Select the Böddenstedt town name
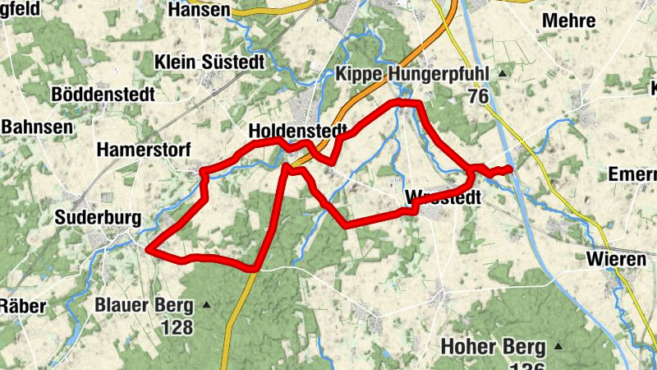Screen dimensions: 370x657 point(103,95)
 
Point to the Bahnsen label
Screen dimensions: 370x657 point(37,127)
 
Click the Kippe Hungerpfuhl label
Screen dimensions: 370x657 point(412,75)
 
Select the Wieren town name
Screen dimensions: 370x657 point(615,260)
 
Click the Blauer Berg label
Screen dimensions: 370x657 point(144,306)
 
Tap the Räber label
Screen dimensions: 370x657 point(21,306)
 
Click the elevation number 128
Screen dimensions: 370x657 point(177,327)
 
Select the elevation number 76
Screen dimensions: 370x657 point(479,96)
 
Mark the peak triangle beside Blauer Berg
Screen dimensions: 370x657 point(206,306)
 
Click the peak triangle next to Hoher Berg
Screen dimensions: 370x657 point(559,346)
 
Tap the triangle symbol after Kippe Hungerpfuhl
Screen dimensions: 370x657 point(500,75)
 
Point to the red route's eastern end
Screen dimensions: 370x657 point(510,169)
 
